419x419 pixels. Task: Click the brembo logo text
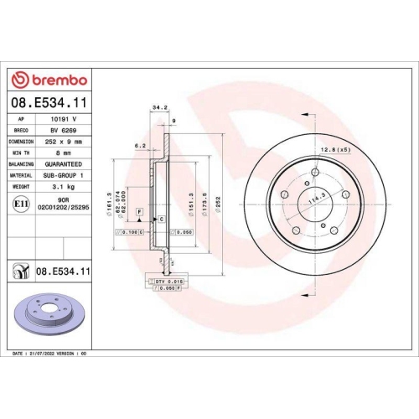coord(55,80)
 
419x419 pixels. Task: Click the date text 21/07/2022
coord(47,355)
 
